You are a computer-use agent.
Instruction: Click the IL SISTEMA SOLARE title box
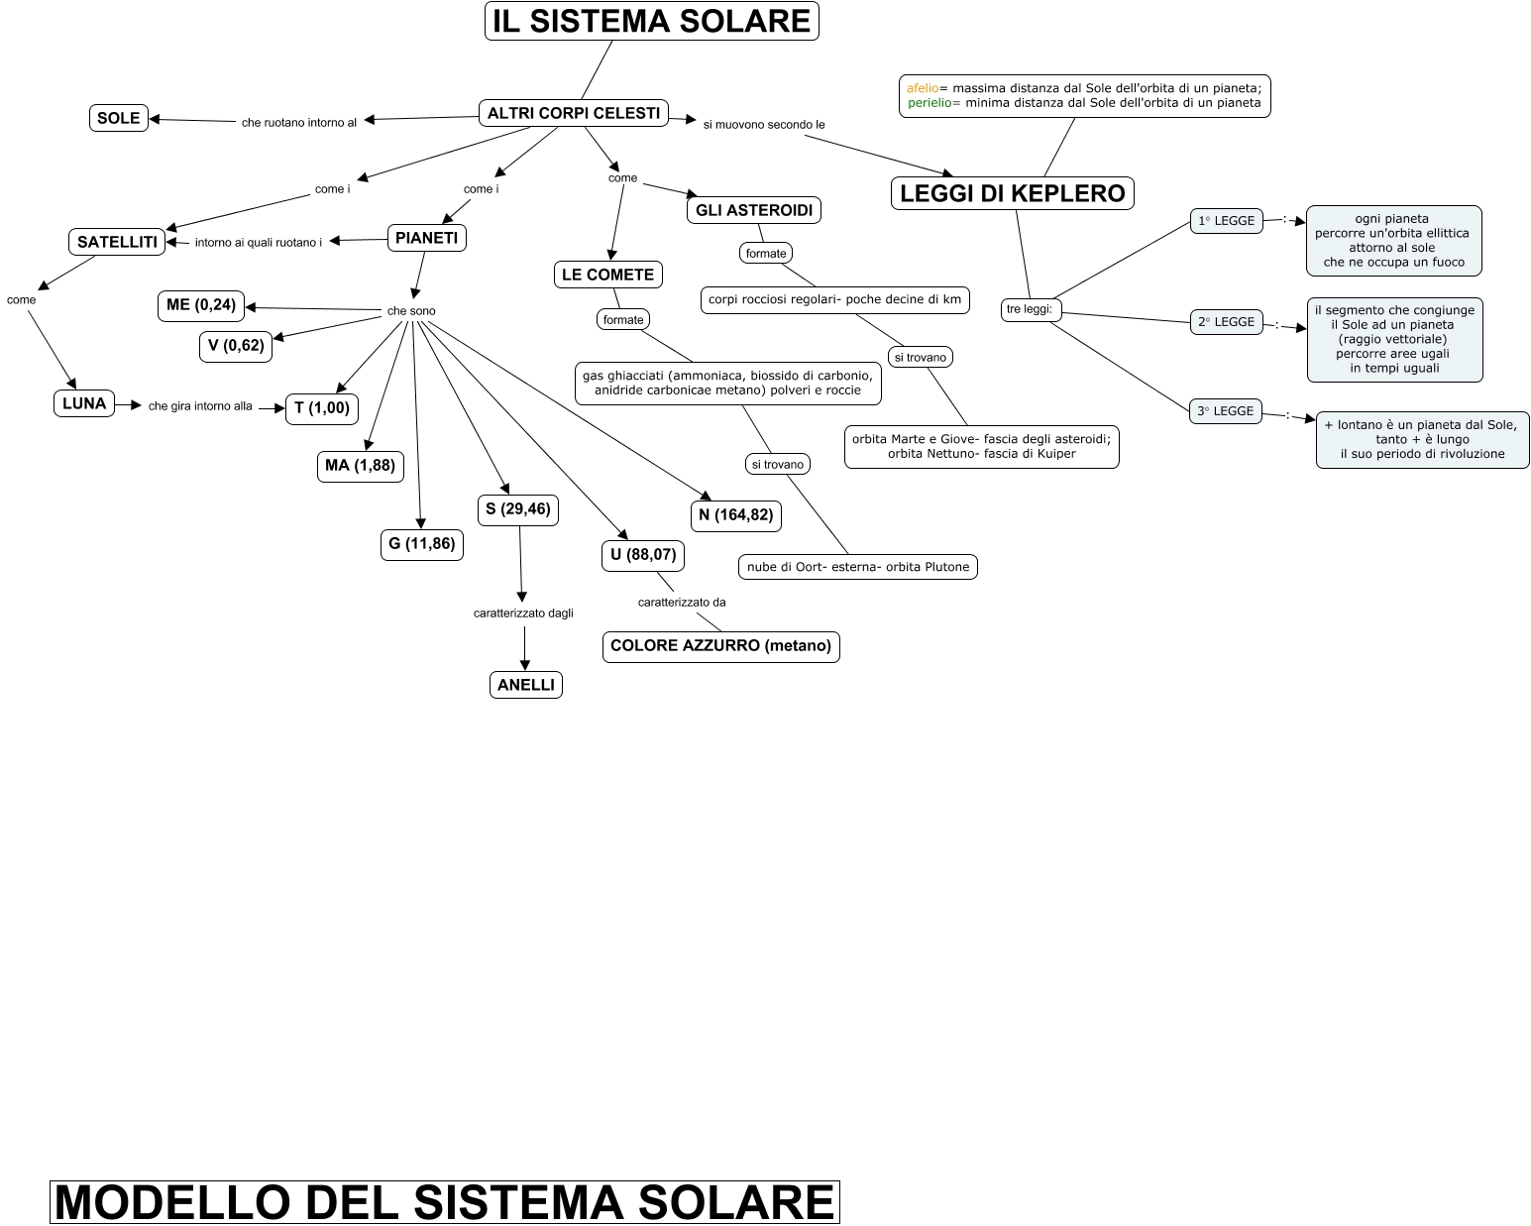click(651, 21)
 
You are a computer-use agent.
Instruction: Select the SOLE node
click(119, 118)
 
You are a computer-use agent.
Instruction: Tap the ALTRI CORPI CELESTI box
click(574, 113)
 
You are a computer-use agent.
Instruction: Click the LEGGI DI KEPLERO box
click(1012, 193)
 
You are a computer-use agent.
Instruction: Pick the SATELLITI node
click(117, 242)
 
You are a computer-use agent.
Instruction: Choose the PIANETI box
click(426, 238)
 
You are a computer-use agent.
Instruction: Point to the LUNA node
click(84, 403)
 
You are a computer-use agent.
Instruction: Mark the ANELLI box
click(526, 685)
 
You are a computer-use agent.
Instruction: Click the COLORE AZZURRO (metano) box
click(720, 646)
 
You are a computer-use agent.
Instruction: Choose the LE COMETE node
click(607, 275)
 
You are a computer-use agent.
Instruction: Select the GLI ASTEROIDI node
click(754, 210)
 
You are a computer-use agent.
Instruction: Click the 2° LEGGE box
click(1226, 322)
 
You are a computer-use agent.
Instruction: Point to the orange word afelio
click(922, 88)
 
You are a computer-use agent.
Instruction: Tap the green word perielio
click(929, 103)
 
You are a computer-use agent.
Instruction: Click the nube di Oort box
click(858, 567)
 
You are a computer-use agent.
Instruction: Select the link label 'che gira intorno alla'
click(200, 406)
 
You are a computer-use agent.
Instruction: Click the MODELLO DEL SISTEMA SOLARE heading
click(444, 1201)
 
